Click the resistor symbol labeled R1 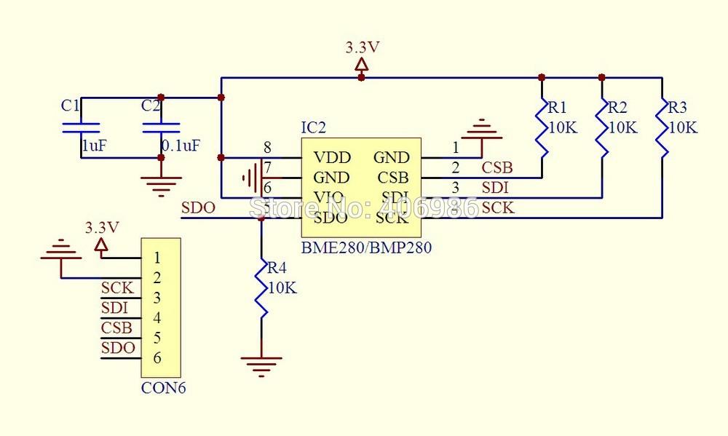541,128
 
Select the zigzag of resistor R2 601,128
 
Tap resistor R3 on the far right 662,128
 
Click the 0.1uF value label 181,146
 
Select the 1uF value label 94,146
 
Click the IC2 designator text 313,128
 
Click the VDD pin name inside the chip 331,157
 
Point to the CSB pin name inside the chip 393,178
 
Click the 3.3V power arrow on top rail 361,67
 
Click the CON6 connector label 163,388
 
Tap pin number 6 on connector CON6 157,358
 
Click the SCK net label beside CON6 116,288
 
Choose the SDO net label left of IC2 198,208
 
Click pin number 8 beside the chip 267,147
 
